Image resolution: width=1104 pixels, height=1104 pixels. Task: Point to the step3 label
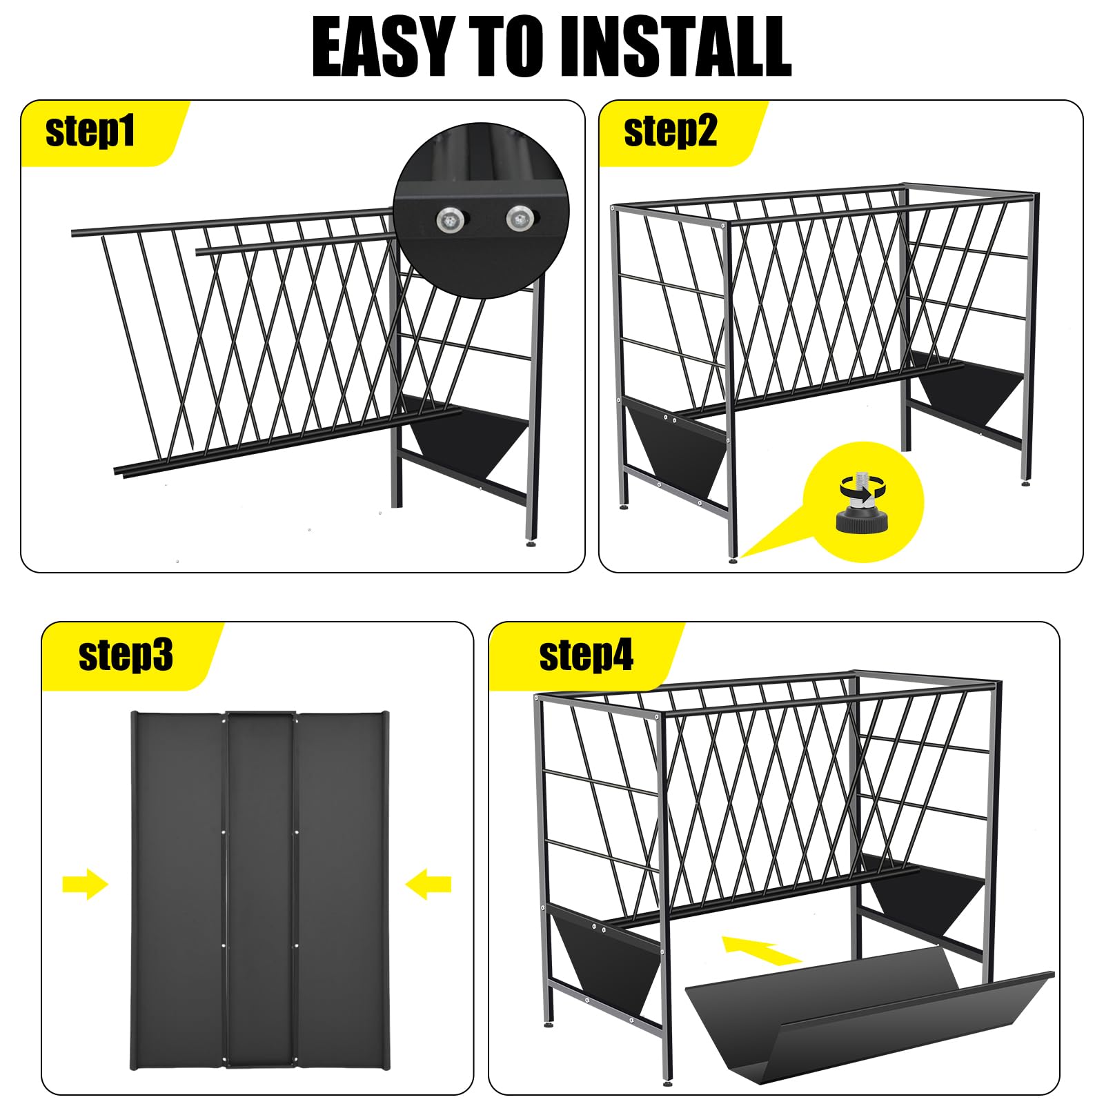coord(126,655)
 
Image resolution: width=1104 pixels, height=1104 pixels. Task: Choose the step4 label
coord(586,655)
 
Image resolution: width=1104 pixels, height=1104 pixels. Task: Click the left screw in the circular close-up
coord(448,219)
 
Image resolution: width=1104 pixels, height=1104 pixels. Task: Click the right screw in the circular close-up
coord(520,219)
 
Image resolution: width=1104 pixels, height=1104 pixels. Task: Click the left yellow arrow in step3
coord(86,883)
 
